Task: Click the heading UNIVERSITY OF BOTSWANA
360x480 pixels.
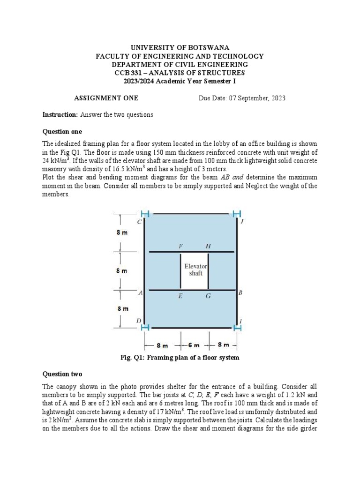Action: coord(180,47)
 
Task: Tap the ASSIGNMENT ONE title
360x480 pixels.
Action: coord(106,98)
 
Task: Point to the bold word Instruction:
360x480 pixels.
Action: coord(60,115)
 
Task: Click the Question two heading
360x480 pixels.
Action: coord(62,374)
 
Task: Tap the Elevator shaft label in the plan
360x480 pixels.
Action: coord(195,270)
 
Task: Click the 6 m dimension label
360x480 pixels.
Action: coord(194,345)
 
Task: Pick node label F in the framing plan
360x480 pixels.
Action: coord(180,246)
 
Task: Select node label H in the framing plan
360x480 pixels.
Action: coord(208,246)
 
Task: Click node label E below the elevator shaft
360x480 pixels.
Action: coord(180,296)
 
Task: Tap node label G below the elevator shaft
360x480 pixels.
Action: coord(208,296)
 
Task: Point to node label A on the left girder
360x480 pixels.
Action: coord(140,293)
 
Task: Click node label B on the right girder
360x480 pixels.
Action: coord(240,293)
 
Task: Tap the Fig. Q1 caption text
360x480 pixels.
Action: coord(180,358)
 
